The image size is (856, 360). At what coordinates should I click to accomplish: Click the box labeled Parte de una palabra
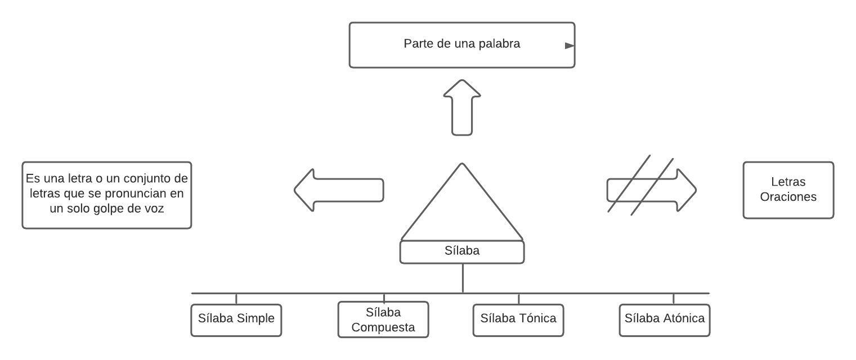[461, 45]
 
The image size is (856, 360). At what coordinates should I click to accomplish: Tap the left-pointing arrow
[339, 190]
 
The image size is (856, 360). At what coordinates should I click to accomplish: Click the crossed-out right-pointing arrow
[651, 190]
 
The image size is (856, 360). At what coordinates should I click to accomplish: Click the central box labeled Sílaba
[462, 251]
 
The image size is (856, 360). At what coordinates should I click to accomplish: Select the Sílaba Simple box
[236, 319]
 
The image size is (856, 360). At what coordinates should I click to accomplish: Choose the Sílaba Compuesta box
[383, 319]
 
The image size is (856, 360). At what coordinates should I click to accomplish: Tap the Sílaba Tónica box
[518, 319]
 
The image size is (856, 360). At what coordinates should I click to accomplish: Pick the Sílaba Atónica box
[665, 319]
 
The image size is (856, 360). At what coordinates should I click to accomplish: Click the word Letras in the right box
[788, 182]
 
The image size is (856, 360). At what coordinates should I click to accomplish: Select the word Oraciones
[788, 197]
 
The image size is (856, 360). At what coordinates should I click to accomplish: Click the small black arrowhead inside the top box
[570, 46]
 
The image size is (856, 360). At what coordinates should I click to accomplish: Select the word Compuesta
[383, 327]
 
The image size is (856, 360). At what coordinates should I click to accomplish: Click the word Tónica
[535, 318]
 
